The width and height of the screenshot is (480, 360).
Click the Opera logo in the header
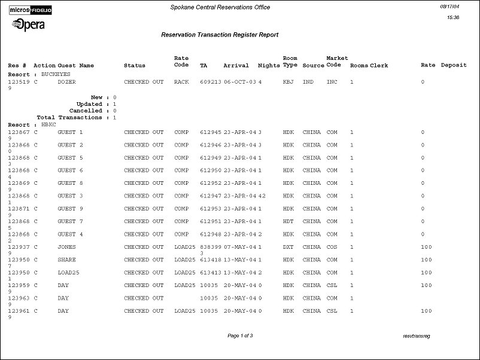[x=28, y=25]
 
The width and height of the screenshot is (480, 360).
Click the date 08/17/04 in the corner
[x=449, y=6]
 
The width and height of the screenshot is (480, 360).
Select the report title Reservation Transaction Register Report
[x=220, y=35]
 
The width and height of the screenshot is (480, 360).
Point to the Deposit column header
[x=454, y=65]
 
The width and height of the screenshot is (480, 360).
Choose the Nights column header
[x=269, y=65]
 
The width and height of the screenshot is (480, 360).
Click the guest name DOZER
[x=66, y=81]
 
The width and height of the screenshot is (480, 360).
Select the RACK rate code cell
[x=181, y=81]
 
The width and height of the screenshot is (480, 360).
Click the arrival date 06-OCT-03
[x=240, y=81]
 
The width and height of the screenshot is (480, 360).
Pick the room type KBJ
[x=288, y=81]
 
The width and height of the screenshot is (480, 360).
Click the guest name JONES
[x=66, y=247]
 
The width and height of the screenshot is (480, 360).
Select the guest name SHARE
[x=66, y=260]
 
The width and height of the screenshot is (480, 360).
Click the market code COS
[x=332, y=247]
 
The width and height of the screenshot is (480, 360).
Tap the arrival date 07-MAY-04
[x=240, y=247]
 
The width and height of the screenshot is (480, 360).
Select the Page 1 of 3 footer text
[x=240, y=336]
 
